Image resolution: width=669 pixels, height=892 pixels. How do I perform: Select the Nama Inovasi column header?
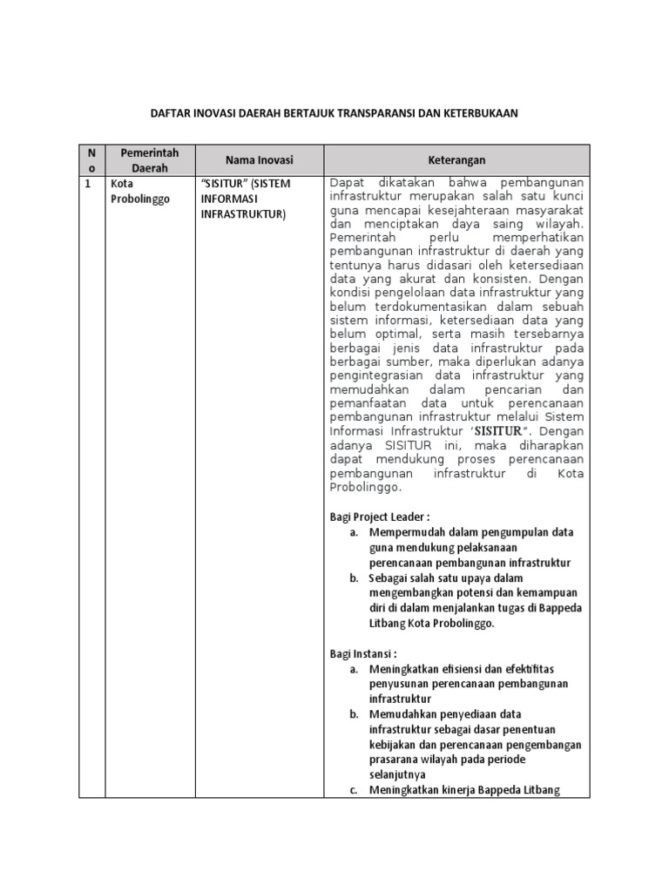tap(260, 160)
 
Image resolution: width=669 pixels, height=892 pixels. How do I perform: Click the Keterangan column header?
tap(456, 160)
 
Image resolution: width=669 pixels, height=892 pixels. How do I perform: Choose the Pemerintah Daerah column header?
tap(149, 160)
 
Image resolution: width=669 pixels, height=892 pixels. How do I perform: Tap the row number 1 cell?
tap(87, 184)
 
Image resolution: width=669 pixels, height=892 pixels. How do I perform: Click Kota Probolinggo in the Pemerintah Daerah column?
tap(138, 192)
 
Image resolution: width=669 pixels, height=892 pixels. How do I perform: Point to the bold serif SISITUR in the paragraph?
tap(497, 430)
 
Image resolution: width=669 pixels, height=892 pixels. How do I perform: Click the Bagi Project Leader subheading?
tap(379, 517)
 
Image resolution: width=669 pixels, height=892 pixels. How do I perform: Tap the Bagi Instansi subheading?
tap(363, 652)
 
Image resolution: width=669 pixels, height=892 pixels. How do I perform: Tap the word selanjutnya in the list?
tap(397, 774)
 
